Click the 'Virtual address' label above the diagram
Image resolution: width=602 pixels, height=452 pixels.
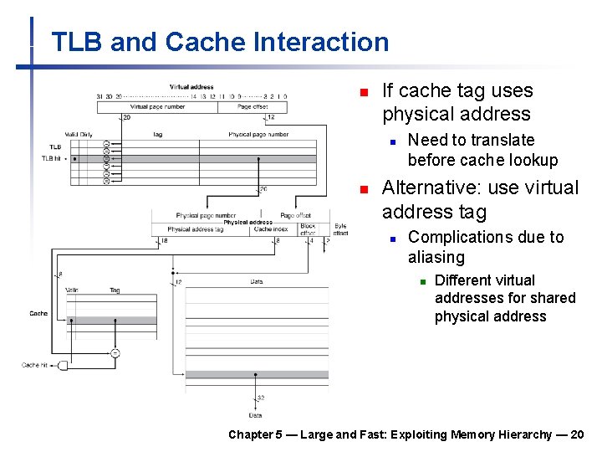191,87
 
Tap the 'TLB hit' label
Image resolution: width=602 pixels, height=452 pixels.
53,157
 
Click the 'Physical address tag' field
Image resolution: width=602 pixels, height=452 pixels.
196,229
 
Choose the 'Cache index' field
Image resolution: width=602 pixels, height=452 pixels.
270,229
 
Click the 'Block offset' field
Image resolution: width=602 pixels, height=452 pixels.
308,229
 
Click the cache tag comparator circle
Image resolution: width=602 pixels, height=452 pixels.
115,352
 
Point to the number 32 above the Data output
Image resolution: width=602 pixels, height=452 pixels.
261,398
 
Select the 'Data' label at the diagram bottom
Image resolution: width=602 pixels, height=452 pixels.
255,414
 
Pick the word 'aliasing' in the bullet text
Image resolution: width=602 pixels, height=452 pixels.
436,257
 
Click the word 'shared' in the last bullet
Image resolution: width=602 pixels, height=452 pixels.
553,298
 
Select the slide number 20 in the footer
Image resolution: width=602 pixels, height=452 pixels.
577,434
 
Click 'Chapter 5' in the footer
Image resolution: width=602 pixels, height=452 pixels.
250,434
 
